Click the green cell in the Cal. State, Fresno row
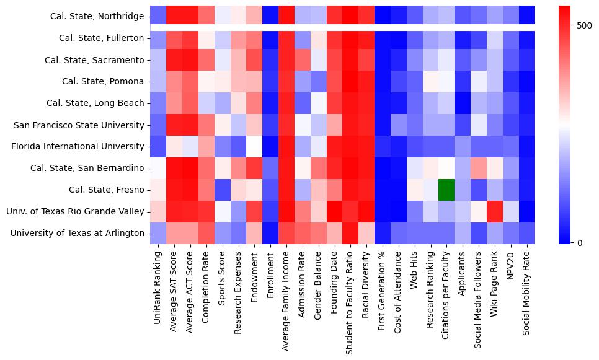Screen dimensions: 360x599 [446, 190]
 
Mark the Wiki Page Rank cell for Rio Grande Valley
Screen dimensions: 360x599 [495, 211]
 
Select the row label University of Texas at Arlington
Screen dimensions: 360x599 [77, 233]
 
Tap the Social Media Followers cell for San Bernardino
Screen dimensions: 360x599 [479, 168]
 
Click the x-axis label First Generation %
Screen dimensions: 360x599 [382, 288]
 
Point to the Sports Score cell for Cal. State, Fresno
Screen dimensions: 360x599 [222, 190]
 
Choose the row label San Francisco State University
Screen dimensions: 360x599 [79, 125]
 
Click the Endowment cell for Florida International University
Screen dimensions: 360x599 [254, 146]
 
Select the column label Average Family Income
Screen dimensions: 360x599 [286, 298]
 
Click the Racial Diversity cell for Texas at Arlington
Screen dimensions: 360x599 [366, 233]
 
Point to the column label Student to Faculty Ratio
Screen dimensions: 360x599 [350, 301]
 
